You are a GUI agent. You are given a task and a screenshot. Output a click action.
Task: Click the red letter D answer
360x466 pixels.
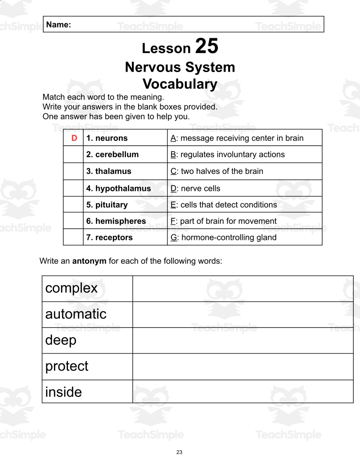74,138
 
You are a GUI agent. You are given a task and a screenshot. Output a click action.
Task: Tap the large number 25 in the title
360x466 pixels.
207,46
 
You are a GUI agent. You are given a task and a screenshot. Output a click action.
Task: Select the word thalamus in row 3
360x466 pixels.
113,171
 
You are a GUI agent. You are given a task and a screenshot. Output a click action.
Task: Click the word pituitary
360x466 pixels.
111,205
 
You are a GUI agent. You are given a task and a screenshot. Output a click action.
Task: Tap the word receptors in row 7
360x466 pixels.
114,237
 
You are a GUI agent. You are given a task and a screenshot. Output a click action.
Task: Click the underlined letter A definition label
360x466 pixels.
173,138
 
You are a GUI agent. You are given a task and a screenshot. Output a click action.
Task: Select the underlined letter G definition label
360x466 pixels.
173,237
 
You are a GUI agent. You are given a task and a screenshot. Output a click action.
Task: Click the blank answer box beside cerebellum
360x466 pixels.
73,154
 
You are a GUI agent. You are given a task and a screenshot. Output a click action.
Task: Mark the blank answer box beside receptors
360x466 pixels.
73,237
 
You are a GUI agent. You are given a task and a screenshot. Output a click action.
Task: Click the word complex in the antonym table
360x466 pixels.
72,288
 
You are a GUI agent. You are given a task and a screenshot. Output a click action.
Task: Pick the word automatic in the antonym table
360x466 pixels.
76,314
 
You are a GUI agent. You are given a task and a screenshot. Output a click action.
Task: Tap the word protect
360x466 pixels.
67,366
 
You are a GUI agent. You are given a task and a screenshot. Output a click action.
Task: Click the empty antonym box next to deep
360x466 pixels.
243,340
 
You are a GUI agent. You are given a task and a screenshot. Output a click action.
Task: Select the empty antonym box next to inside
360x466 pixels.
243,392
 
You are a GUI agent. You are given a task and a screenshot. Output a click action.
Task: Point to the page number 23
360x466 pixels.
180,452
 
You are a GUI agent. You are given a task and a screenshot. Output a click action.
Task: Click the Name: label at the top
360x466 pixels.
58,25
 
